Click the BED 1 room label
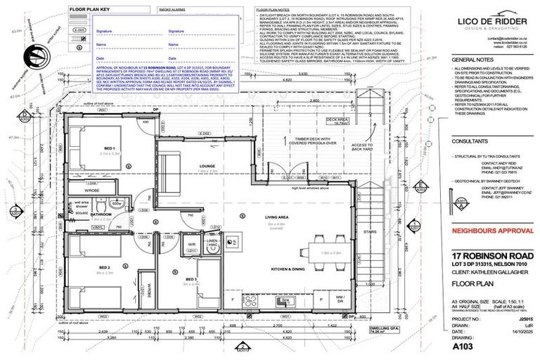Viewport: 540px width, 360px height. coord(108,148)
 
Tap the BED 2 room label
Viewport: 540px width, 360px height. coord(105,268)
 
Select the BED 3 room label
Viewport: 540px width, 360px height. coord(191,279)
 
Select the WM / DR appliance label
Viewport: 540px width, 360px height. coord(340,299)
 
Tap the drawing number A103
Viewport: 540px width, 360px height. coord(463,347)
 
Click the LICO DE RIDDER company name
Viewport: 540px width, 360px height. coord(491,22)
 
